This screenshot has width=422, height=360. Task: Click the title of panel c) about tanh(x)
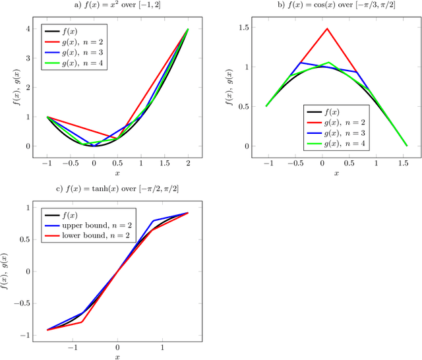117,189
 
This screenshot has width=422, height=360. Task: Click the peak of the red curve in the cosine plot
326,28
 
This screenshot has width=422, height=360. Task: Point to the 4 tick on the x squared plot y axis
28,29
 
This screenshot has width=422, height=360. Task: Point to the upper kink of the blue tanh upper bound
153,220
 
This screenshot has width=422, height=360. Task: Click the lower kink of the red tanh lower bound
82,322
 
